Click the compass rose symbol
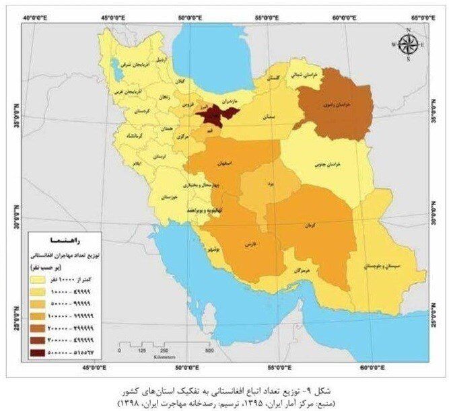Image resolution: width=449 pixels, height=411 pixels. click(408, 45)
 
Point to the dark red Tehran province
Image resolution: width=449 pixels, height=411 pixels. click(212, 114)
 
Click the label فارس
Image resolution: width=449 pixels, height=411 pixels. click(250, 242)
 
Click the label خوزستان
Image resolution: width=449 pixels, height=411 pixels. click(171, 198)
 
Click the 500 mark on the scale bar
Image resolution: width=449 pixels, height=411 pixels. click(209, 350)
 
